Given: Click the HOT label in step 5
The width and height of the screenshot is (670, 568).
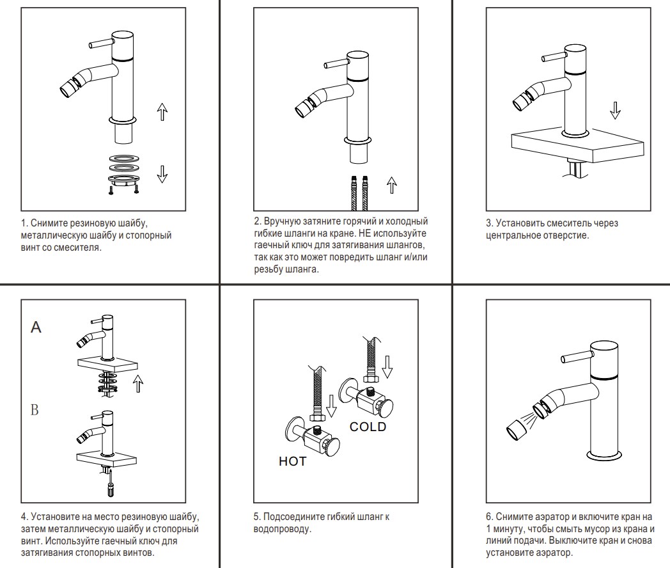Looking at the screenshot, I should coord(292,461).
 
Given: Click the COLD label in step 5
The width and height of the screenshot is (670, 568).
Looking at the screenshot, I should coord(368,427).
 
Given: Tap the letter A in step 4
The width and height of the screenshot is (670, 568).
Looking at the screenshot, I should coord(36,327).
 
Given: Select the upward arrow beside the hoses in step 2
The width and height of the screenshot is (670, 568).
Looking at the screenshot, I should coord(391,185).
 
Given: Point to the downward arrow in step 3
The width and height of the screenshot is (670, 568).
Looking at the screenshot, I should coord(615,109).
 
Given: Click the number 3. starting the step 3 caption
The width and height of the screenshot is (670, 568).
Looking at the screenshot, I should coord(490,224).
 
